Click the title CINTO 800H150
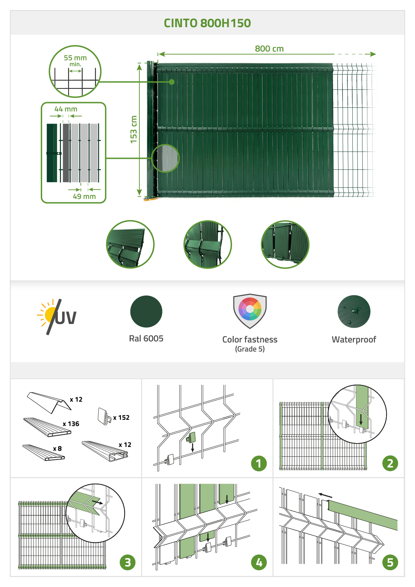click(x=207, y=23)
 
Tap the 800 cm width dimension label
click(x=269, y=49)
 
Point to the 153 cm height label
click(x=134, y=130)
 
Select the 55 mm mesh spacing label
click(x=75, y=57)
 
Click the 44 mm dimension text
click(x=66, y=109)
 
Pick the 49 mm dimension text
click(x=84, y=196)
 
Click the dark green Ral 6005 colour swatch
click(x=146, y=311)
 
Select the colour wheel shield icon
click(x=250, y=311)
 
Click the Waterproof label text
click(x=354, y=339)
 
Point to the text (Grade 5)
click(x=250, y=349)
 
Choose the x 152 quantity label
click(x=121, y=417)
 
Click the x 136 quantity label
click(x=71, y=424)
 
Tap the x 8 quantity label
click(x=57, y=448)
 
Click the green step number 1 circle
click(x=259, y=463)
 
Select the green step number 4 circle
click(x=259, y=562)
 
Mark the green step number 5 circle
click(x=390, y=562)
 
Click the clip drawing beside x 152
click(x=104, y=416)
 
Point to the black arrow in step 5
click(x=325, y=495)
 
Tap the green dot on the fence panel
click(x=172, y=82)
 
